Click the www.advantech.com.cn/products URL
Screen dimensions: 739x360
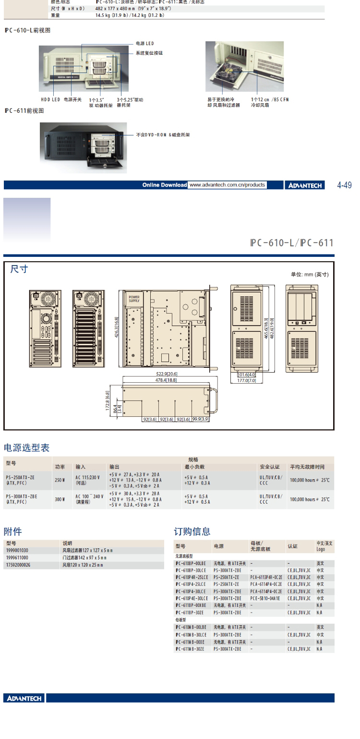tap(227, 185)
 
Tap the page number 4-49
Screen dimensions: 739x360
tap(344, 185)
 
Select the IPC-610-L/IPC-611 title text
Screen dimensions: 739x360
tap(291, 242)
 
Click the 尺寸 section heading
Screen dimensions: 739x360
tap(19, 269)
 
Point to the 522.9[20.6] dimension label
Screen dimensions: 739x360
tap(166, 373)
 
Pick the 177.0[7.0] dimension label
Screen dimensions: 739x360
tap(246, 380)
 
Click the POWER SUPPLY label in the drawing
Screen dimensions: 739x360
tap(134, 299)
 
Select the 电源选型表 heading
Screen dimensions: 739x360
tap(26, 448)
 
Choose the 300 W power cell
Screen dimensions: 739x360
tap(60, 499)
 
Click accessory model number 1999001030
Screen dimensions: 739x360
tap(17, 550)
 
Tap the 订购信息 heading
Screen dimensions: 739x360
tap(192, 532)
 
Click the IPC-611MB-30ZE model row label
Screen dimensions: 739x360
tap(191, 649)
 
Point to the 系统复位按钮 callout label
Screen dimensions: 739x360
tap(149, 53)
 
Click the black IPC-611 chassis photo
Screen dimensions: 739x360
tap(83, 147)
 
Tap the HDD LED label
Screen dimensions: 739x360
tap(50, 99)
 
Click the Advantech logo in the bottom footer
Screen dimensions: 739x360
tap(24, 698)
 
